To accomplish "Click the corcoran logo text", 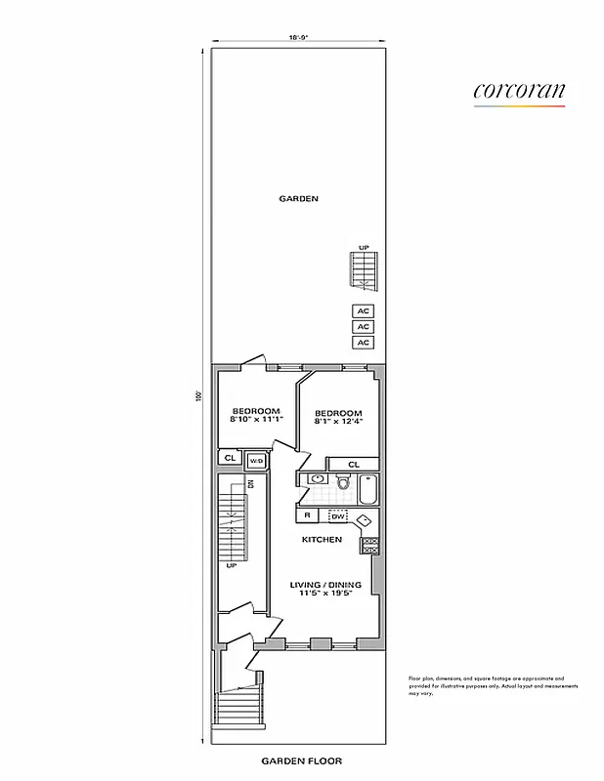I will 519,91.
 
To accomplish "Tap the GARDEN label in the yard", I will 299,199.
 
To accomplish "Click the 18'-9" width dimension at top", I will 298,37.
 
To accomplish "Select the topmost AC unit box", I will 364,311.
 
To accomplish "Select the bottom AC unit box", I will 364,343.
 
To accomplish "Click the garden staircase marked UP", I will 364,270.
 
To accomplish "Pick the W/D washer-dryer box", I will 256,460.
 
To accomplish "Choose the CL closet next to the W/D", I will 231,458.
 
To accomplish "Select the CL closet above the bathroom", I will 353,464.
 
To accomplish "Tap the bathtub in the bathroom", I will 367,486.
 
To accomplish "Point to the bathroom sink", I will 316,479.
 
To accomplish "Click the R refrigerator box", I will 307,514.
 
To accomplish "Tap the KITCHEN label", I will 322,539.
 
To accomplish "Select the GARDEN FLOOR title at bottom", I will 301,760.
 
